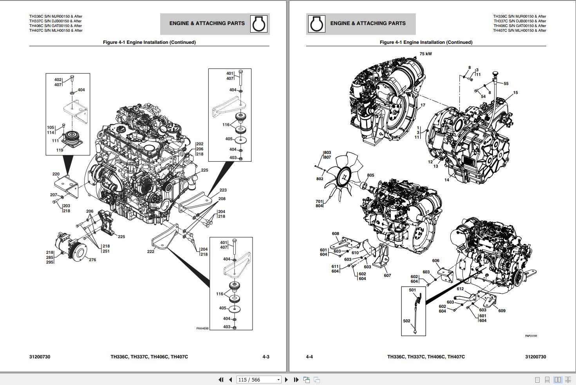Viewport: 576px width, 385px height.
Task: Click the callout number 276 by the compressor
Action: click(x=92, y=260)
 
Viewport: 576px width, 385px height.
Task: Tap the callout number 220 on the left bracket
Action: click(x=56, y=174)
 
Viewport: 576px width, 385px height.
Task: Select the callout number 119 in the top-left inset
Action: click(x=60, y=150)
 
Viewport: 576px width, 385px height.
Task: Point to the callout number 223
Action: click(x=223, y=190)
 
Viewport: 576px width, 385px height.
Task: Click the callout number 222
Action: click(x=151, y=251)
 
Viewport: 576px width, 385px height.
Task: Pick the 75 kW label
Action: click(x=426, y=54)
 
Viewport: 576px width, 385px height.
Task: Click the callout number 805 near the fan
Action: click(x=370, y=175)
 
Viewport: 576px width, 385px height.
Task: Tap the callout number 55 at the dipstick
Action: click(x=506, y=83)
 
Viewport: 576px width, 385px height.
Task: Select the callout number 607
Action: click(x=387, y=275)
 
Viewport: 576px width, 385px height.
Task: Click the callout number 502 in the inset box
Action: click(x=406, y=321)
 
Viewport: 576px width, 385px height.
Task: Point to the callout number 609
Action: click(x=502, y=311)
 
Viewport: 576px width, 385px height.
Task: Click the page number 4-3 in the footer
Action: click(x=266, y=357)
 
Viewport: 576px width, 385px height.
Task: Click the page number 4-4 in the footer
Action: click(x=309, y=357)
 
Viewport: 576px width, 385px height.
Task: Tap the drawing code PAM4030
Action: click(x=202, y=329)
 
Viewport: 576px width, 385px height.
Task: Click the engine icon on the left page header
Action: click(x=259, y=24)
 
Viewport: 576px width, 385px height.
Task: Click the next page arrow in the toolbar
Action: click(x=286, y=380)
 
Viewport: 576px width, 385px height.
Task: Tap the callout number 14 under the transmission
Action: click(x=447, y=180)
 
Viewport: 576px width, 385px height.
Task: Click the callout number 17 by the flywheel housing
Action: click(x=423, y=105)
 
